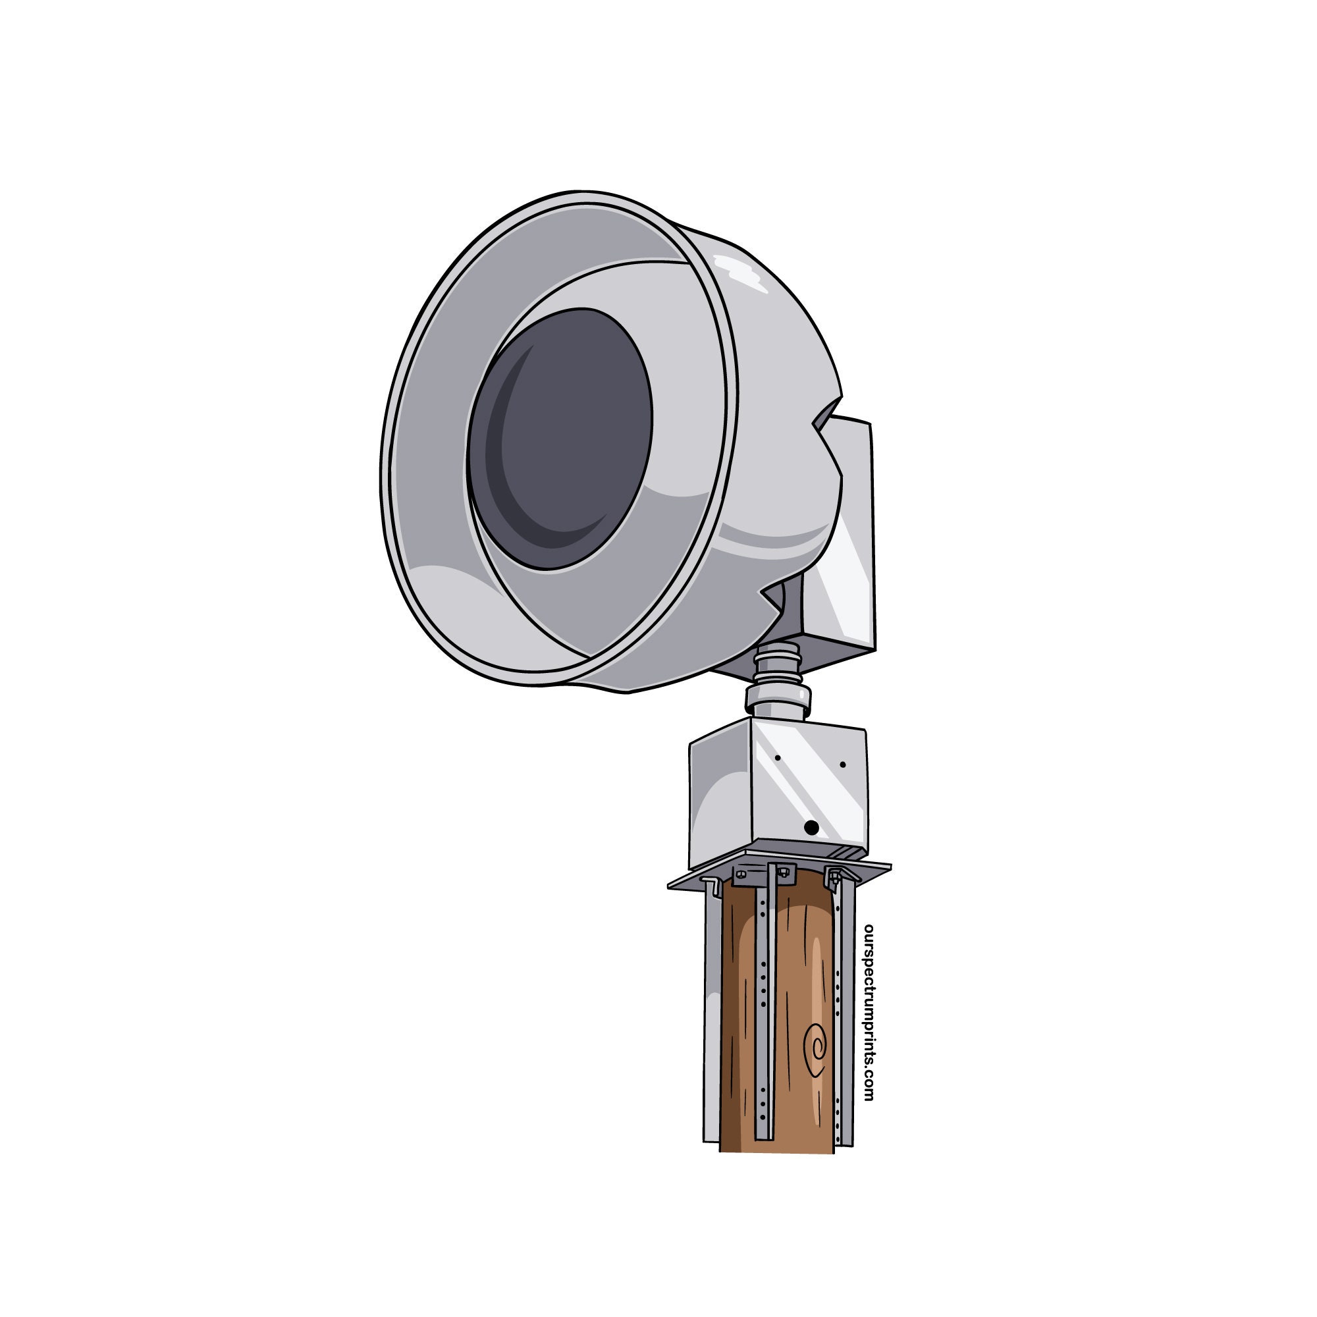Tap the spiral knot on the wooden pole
(x=816, y=1047)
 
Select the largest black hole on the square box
(x=811, y=828)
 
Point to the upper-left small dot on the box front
(x=777, y=757)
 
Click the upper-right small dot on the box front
(x=844, y=765)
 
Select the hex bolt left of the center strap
(x=741, y=874)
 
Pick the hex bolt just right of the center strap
(x=784, y=872)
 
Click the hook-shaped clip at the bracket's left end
(x=712, y=886)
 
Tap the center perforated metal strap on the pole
(x=763, y=1009)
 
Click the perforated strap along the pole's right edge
(x=844, y=1009)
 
